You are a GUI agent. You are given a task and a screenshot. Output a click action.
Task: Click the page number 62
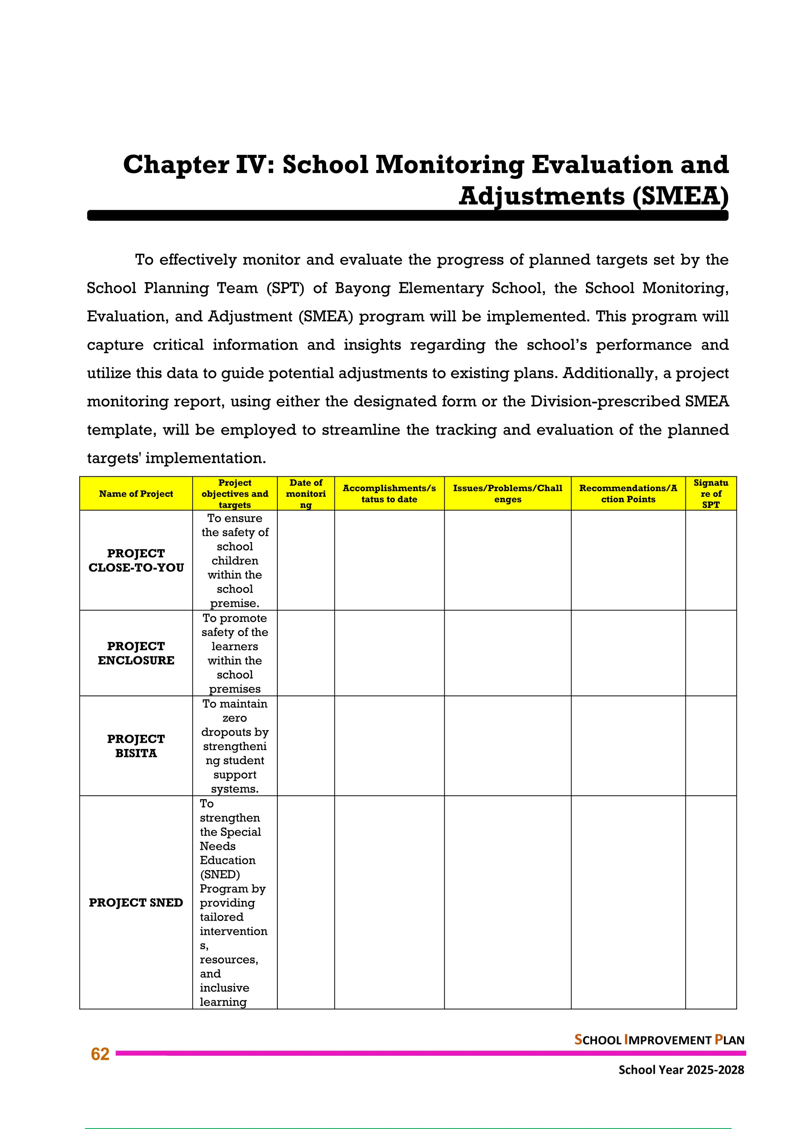click(100, 1054)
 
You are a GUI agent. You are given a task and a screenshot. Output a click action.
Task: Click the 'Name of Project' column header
click(136, 494)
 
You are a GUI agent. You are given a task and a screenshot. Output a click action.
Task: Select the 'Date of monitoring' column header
click(305, 494)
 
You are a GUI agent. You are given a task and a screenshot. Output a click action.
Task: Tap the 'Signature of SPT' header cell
click(710, 494)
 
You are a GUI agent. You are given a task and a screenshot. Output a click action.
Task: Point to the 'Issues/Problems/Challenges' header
click(507, 494)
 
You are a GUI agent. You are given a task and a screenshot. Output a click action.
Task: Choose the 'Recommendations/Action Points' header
click(628, 494)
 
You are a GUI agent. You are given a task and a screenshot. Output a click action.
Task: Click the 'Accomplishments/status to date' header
click(389, 494)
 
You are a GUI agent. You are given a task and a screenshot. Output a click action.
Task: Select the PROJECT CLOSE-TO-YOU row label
click(136, 561)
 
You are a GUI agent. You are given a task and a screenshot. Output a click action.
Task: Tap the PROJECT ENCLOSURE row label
click(136, 653)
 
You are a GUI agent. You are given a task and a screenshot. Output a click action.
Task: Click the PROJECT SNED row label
click(136, 902)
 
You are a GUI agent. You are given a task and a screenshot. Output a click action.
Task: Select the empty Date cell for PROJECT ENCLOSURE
click(305, 653)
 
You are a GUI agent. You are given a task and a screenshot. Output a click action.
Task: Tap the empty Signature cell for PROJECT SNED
click(710, 902)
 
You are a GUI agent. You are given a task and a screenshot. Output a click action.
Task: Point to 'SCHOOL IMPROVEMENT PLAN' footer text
click(659, 1040)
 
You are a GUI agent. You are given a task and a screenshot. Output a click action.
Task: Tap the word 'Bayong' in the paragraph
click(362, 288)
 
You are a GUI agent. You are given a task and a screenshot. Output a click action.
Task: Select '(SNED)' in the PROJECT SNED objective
click(220, 874)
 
